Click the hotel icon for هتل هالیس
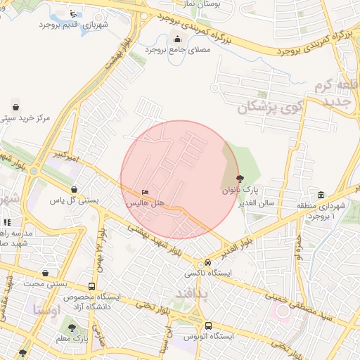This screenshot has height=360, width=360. pyautogui.click(x=146, y=192)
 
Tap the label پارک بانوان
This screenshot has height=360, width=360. pyautogui.click(x=241, y=190)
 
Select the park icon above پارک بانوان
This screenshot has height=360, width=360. pyautogui.click(x=241, y=179)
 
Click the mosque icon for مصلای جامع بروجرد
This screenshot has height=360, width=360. pyautogui.click(x=176, y=39)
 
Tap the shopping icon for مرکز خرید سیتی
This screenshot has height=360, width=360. pyautogui.click(x=15, y=107)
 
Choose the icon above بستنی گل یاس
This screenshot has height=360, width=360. pyautogui.click(x=75, y=189)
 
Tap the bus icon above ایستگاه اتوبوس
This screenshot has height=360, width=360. pyautogui.click(x=208, y=326)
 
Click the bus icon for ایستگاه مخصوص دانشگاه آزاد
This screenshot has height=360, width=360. pyautogui.click(x=92, y=286)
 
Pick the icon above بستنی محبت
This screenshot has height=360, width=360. pyautogui.click(x=46, y=273)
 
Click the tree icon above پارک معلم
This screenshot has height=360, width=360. pyautogui.click(x=70, y=328)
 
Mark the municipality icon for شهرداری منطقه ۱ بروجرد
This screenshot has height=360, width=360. pyautogui.click(x=321, y=195)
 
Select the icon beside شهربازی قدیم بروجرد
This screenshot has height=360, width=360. pyautogui.click(x=75, y=13)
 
